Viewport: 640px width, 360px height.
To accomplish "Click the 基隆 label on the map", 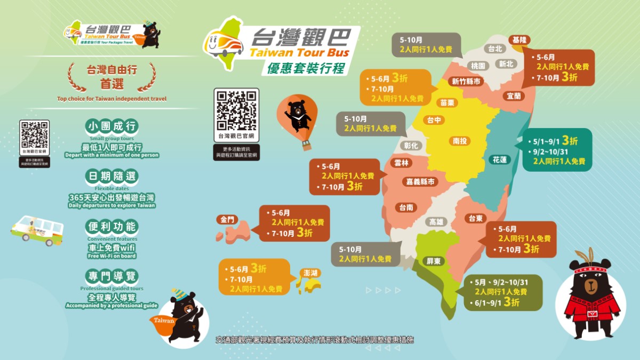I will tap(519, 40).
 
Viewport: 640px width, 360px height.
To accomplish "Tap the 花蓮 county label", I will tap(500, 159).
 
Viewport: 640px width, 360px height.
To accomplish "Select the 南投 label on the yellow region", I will tap(460, 141).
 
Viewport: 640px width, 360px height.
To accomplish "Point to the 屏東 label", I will tap(433, 261).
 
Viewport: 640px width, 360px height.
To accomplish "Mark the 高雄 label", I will tap(436, 222).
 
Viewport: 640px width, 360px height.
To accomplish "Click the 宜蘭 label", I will tap(514, 96).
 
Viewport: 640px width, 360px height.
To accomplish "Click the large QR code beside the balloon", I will tap(236, 110).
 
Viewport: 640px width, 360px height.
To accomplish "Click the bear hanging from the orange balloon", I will tap(297, 114).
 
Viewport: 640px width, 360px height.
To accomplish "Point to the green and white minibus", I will tap(37, 230).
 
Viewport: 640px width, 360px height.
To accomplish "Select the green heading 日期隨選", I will tap(111, 177).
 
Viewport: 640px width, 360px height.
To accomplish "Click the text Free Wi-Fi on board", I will tap(112, 256).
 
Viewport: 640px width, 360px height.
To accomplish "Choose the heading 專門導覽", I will tap(111, 276).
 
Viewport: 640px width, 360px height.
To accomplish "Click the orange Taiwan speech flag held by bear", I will tap(164, 322).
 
